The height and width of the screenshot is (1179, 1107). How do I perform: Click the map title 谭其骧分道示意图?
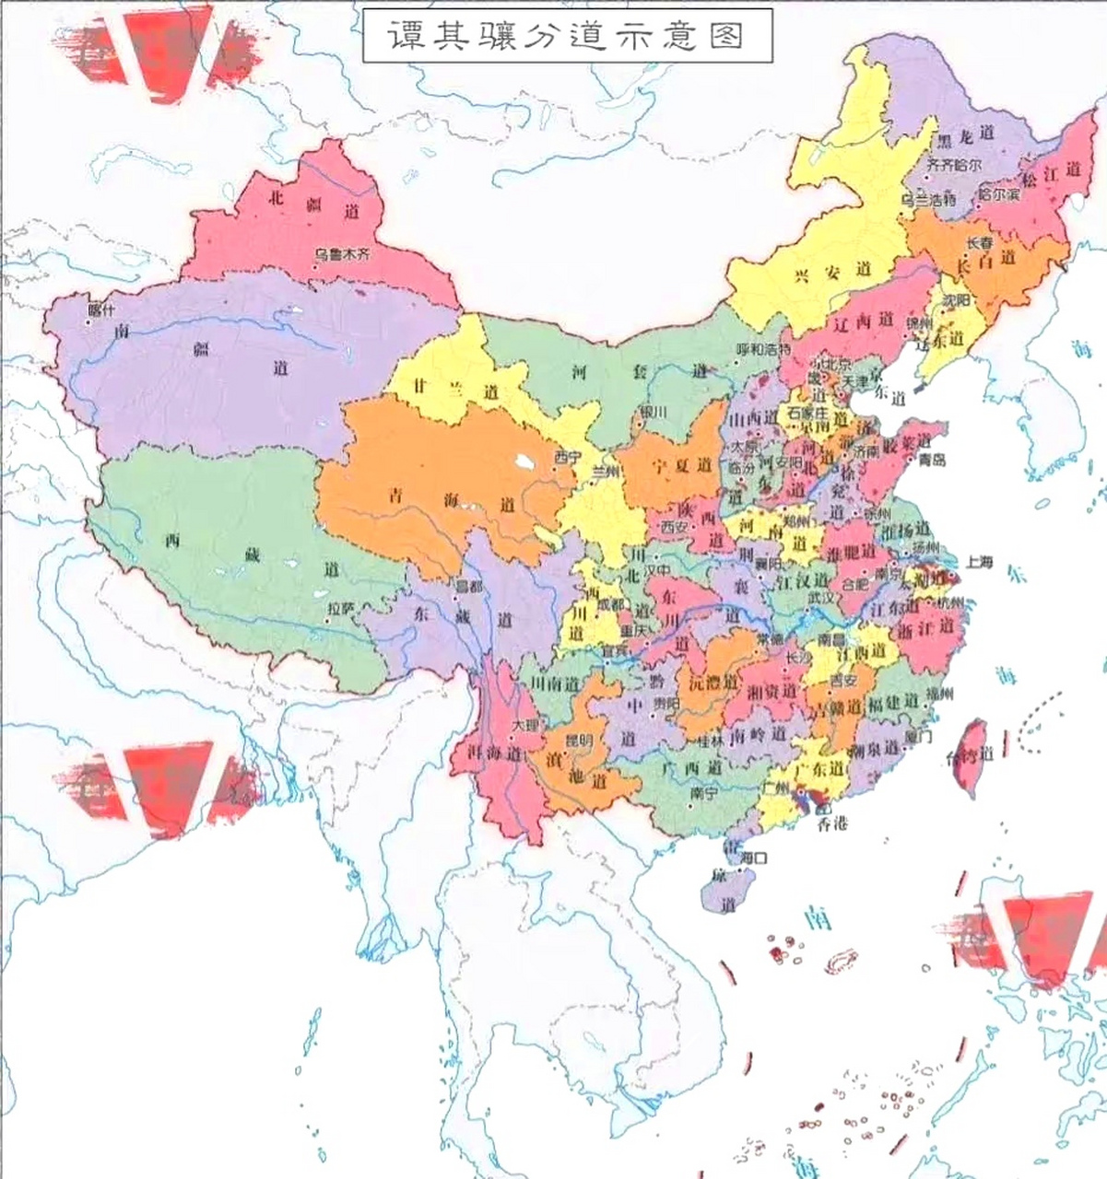pyautogui.click(x=566, y=36)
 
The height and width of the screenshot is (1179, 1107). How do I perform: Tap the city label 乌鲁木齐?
pyautogui.click(x=340, y=254)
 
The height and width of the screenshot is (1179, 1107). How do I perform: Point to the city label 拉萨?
pyautogui.click(x=340, y=608)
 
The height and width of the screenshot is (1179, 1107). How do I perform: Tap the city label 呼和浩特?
pyautogui.click(x=764, y=350)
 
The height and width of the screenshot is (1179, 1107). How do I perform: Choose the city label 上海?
pyautogui.click(x=981, y=563)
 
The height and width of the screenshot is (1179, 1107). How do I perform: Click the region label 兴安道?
pyautogui.click(x=820, y=270)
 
